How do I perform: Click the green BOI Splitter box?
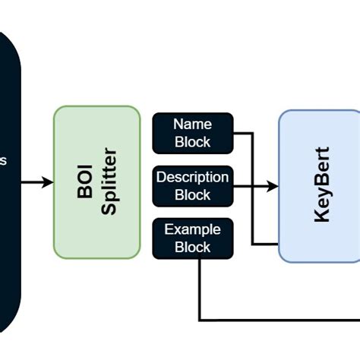[x=96, y=182]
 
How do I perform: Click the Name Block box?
[x=193, y=132]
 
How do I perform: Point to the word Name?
[x=193, y=124]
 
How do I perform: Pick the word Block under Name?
[x=193, y=141]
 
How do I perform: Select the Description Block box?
[x=193, y=186]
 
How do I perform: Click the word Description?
[x=193, y=177]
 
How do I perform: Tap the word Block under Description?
[x=193, y=194]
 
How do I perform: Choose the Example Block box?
[x=193, y=238]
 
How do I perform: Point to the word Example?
[x=193, y=229]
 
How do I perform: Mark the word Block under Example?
[x=193, y=248]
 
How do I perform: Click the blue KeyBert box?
[x=319, y=186]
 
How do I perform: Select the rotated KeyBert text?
[x=322, y=185]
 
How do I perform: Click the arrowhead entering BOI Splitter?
[x=48, y=182]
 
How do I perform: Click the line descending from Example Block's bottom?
[x=200, y=289]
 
